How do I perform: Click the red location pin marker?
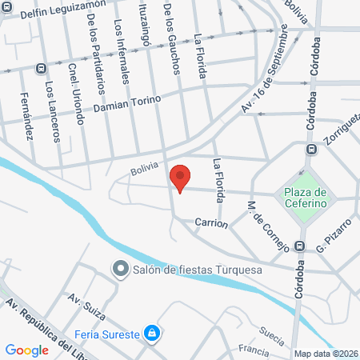pyautogui.click(x=180, y=178)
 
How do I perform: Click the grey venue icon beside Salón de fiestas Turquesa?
pyautogui.click(x=121, y=269)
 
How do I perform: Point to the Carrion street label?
pyautogui.click(x=210, y=224)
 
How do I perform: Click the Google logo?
pyautogui.click(x=26, y=350)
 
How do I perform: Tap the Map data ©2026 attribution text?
pyautogui.click(x=325, y=354)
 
